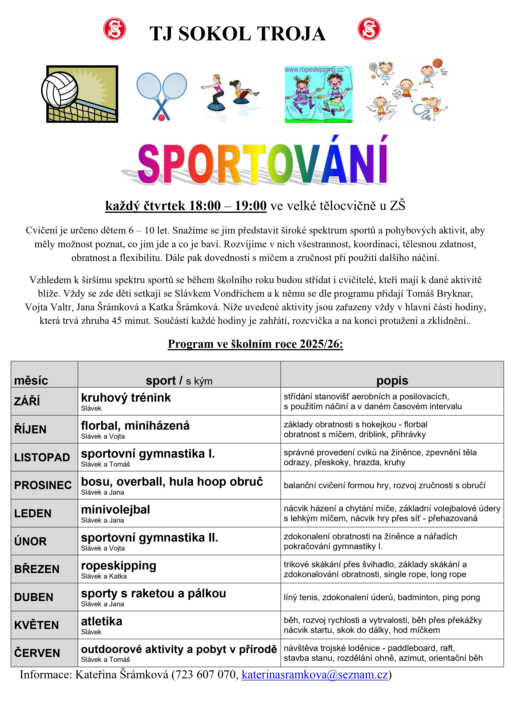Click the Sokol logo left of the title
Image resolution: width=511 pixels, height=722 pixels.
pyautogui.click(x=115, y=29)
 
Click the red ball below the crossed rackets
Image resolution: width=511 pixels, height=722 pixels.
pyautogui.click(x=161, y=118)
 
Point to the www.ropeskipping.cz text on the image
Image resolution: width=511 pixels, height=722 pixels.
pyautogui.click(x=314, y=70)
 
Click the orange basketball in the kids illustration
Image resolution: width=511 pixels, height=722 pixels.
pyautogui.click(x=437, y=63)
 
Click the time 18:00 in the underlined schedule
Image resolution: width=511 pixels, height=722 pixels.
pyautogui.click(x=205, y=206)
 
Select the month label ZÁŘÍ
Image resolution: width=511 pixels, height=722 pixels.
pyautogui.click(x=27, y=401)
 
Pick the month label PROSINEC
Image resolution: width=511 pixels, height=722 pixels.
pyautogui.click(x=43, y=485)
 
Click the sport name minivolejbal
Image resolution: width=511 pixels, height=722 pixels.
pyautogui.click(x=115, y=509)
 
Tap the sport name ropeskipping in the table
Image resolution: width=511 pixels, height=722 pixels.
pyautogui.click(x=118, y=566)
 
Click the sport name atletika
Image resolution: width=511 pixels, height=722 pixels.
pyautogui.click(x=101, y=621)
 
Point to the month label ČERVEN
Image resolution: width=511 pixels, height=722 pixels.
pyautogui.click(x=37, y=653)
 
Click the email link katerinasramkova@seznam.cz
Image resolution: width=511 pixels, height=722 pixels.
pyautogui.click(x=315, y=674)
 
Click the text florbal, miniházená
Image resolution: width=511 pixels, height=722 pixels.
pyautogui.click(x=135, y=426)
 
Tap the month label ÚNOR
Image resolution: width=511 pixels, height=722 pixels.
pyautogui.click(x=30, y=541)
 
